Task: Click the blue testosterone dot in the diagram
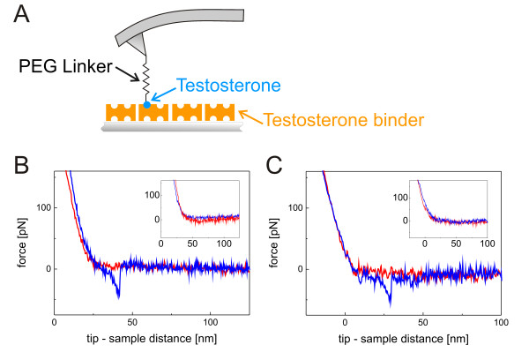pos(145,105)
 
